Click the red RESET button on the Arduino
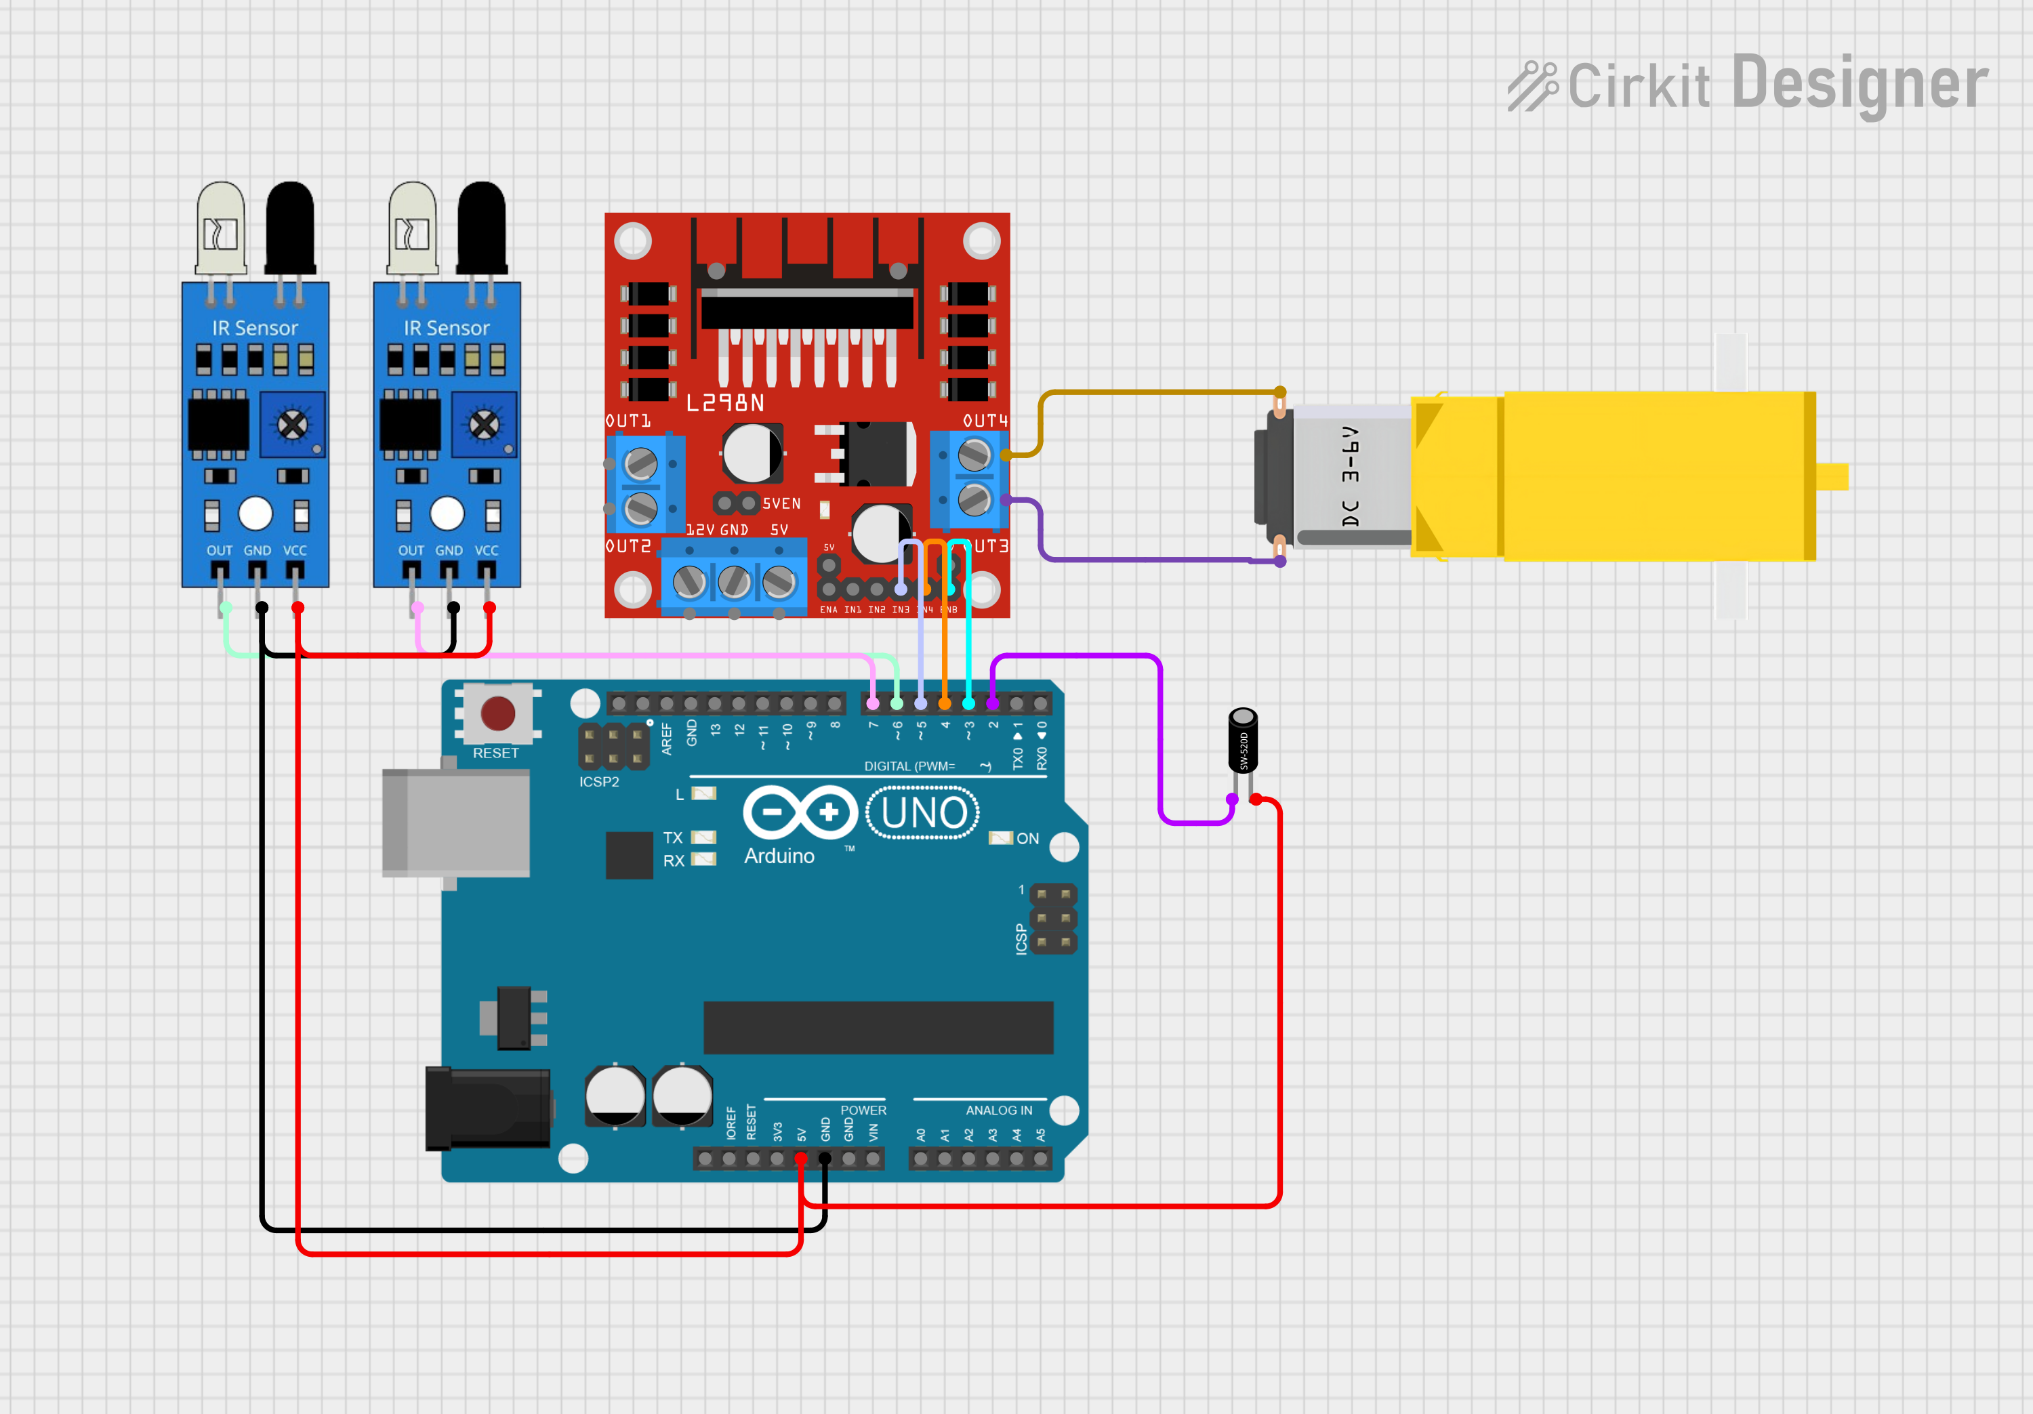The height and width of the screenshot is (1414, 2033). pyautogui.click(x=497, y=713)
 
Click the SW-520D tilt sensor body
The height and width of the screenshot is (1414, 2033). pyautogui.click(x=1242, y=742)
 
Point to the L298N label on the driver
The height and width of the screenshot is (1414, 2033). pyautogui.click(x=725, y=404)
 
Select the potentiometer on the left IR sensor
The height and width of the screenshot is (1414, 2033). pyautogui.click(x=292, y=425)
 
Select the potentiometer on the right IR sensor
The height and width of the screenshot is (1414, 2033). pyautogui.click(x=483, y=425)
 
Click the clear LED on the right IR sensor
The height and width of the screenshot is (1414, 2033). pyautogui.click(x=412, y=228)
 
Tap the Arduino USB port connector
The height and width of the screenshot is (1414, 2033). pyautogui.click(x=456, y=823)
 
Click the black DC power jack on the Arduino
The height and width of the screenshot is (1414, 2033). pyautogui.click(x=488, y=1108)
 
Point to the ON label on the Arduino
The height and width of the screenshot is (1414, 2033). pyautogui.click(x=1027, y=839)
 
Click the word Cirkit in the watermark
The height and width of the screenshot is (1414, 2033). pyautogui.click(x=1638, y=87)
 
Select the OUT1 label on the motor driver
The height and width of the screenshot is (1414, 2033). pyautogui.click(x=628, y=421)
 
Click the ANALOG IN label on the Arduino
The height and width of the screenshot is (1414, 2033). pyautogui.click(x=998, y=1110)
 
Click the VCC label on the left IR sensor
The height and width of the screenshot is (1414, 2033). pyautogui.click(x=295, y=551)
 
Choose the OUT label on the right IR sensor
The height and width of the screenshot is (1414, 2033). pyautogui.click(x=411, y=551)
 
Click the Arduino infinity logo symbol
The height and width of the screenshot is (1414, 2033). pyautogui.click(x=800, y=812)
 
